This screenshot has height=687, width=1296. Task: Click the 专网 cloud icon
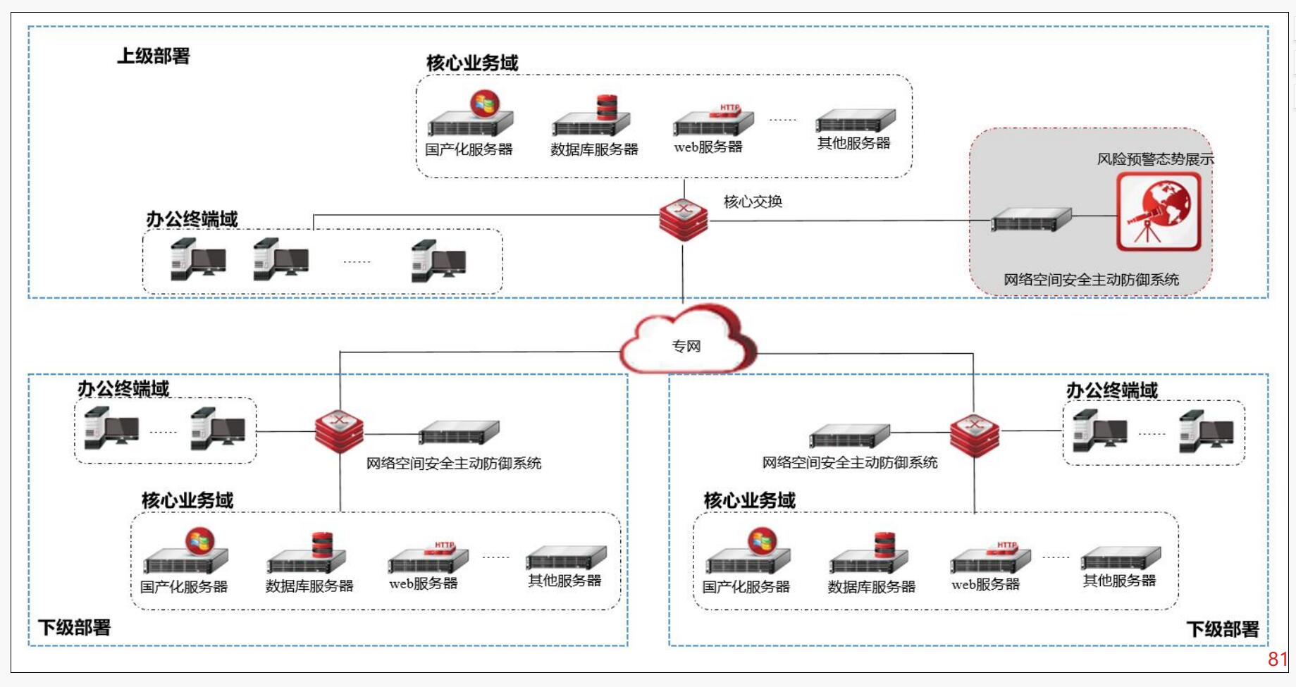point(687,340)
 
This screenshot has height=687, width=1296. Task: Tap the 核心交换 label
point(753,202)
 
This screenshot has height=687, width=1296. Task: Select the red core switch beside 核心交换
point(684,219)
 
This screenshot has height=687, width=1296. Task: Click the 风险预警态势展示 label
point(1155,159)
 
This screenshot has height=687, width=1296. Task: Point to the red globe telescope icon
point(1159,211)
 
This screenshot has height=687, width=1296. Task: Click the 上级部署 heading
point(154,56)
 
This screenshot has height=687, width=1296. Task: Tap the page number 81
point(1278,659)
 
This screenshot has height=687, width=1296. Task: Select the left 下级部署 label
point(75,627)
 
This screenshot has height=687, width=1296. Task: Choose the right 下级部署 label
point(1223,629)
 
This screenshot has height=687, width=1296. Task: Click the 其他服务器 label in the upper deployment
point(853,143)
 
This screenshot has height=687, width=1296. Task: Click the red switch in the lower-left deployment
point(339,431)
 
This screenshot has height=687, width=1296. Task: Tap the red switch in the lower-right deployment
point(975,435)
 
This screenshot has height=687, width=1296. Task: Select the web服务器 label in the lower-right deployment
point(985,584)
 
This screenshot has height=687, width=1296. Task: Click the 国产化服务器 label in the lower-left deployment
point(184,586)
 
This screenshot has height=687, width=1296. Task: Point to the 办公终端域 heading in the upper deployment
point(192,219)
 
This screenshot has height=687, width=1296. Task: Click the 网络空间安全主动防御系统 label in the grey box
point(1091,280)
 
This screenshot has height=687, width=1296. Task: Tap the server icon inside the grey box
point(1031,219)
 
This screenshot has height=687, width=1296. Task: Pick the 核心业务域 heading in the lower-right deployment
point(749,500)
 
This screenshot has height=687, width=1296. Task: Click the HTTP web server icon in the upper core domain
point(713,120)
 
